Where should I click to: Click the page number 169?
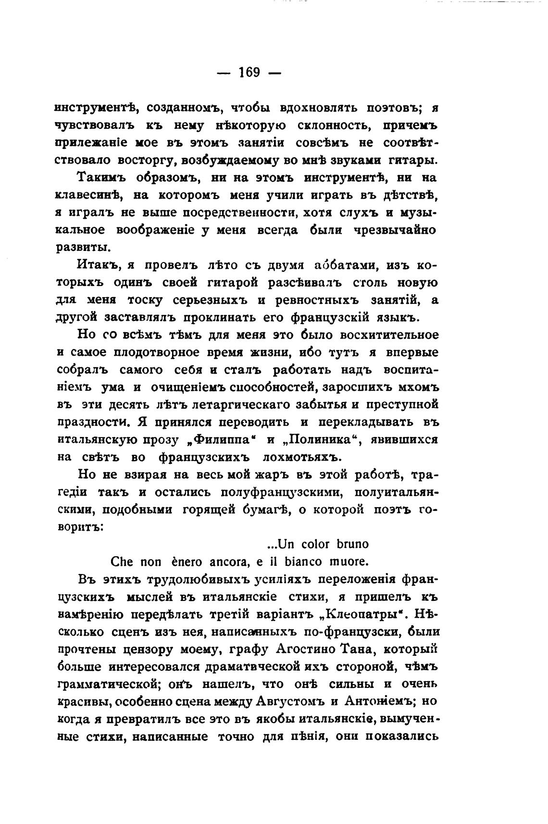tap(249, 73)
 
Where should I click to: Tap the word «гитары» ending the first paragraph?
tap(416, 160)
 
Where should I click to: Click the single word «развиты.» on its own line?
tap(84, 248)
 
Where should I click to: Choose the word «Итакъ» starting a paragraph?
tap(99, 265)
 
